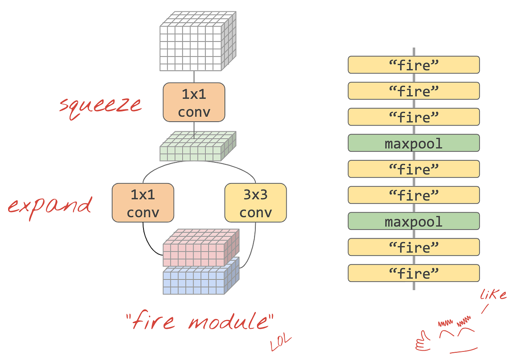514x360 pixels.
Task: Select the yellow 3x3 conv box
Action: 255,203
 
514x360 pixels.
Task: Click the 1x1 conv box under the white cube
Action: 194,102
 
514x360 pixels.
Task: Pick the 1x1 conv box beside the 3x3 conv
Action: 143,203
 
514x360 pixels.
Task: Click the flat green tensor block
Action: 197,147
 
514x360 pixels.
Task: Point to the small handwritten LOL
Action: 281,342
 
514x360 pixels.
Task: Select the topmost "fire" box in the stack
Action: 413,65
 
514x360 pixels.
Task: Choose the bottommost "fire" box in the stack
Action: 413,273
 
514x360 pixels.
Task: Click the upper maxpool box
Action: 413,143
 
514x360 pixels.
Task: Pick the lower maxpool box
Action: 413,221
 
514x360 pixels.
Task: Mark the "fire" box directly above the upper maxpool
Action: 413,117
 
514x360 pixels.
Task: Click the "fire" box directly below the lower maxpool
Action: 413,247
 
